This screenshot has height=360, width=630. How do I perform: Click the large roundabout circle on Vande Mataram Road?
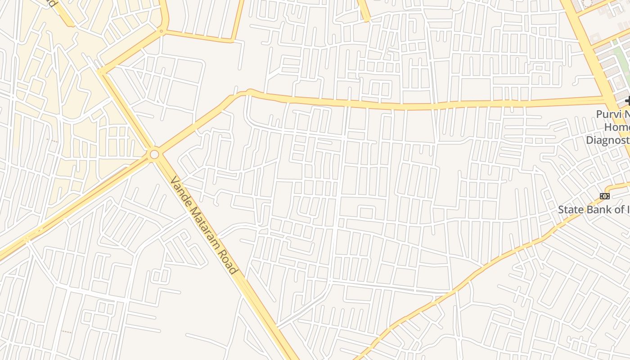154,155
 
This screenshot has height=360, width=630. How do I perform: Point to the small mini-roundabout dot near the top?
161,31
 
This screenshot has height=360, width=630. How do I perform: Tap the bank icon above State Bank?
605,196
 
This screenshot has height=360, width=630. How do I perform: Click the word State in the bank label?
570,209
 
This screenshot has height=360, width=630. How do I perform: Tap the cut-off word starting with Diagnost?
607,140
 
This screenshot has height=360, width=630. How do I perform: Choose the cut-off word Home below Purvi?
616,127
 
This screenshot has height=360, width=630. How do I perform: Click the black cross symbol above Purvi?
627,102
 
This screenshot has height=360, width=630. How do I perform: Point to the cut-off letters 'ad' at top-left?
52,3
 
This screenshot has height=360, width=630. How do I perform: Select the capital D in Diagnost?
589,140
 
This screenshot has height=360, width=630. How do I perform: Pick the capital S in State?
562,209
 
